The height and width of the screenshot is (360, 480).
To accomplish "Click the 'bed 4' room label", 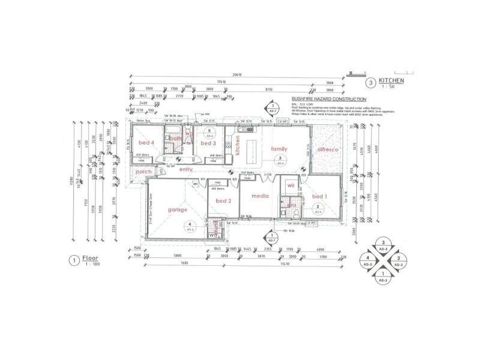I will tap(147, 143).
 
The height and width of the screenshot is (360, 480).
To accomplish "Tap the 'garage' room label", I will tap(178, 210).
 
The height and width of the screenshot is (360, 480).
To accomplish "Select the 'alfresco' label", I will tap(329, 148).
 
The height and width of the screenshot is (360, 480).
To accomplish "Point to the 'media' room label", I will tap(259, 196).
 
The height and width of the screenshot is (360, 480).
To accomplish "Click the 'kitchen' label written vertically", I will tap(237, 146).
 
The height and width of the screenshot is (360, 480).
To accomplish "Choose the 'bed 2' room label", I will tap(223, 200).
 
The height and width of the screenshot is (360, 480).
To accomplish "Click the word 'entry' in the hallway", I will tap(185, 170).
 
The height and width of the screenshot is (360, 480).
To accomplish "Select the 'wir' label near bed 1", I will tap(292, 187).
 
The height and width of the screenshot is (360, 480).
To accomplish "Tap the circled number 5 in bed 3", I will tap(209, 131).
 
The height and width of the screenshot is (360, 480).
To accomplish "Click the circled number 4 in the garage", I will tap(190, 226).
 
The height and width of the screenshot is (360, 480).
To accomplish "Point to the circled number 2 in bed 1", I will tap(317, 209).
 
